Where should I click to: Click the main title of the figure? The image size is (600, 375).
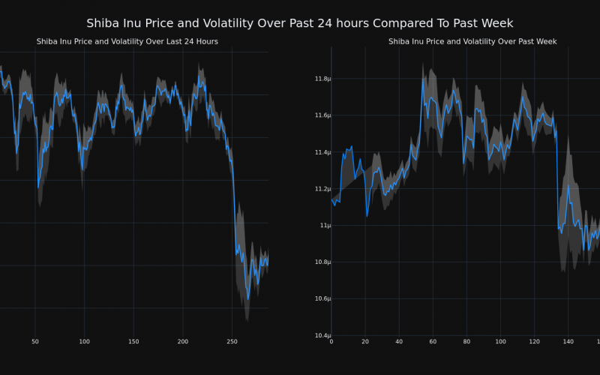[300, 23]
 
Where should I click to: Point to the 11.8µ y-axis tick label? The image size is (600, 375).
[322, 79]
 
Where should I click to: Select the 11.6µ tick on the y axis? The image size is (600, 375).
[322, 115]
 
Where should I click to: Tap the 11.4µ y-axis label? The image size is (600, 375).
[322, 152]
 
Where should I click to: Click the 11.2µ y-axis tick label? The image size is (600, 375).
[322, 189]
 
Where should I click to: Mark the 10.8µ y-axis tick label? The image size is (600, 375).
[322, 262]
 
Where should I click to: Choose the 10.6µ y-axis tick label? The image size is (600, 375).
[322, 299]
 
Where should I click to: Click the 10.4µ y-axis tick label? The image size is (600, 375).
[322, 335]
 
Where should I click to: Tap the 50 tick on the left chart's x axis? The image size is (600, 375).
[34, 342]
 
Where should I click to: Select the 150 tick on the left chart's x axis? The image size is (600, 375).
[133, 342]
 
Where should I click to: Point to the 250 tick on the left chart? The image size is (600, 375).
[232, 342]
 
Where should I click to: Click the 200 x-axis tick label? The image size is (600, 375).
[182, 342]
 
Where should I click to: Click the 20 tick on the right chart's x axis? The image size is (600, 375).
[365, 342]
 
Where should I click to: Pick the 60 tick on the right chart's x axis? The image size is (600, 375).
[433, 342]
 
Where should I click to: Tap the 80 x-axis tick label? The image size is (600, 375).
[466, 342]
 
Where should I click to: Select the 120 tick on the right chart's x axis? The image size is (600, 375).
[534, 342]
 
